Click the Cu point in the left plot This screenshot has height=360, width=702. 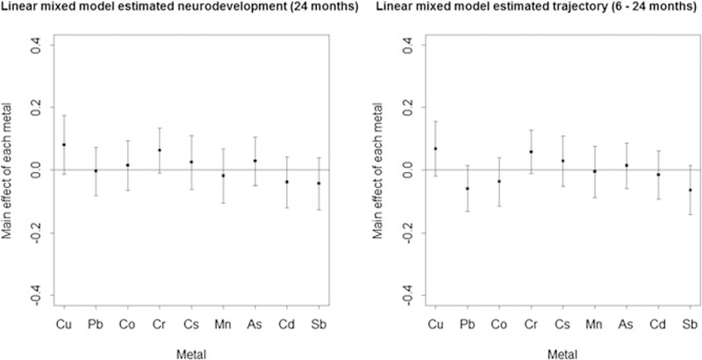click(64, 145)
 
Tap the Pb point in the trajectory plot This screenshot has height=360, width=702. click(467, 188)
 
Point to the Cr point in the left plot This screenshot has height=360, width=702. click(158, 150)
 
